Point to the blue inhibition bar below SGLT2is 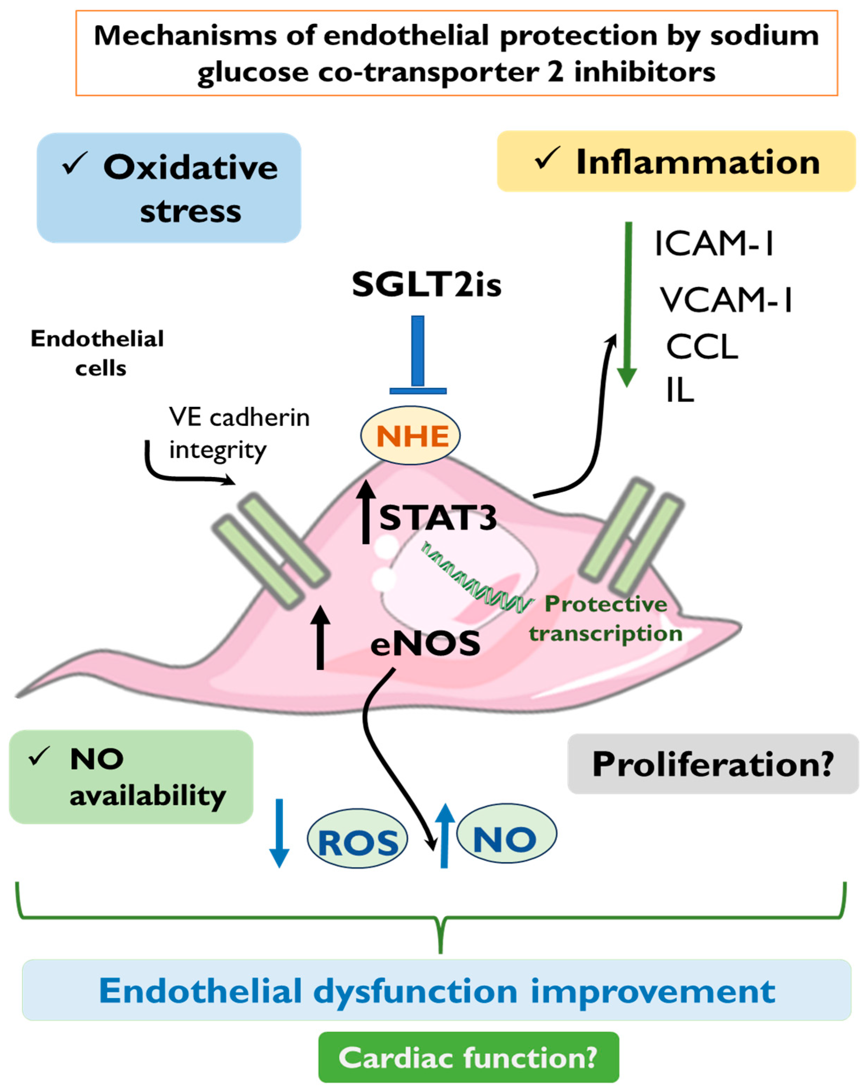[418, 355]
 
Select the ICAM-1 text [714, 244]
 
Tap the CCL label [702, 347]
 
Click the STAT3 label [438, 518]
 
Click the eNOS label [425, 644]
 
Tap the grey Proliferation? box [712, 764]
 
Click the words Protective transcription [606, 618]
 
